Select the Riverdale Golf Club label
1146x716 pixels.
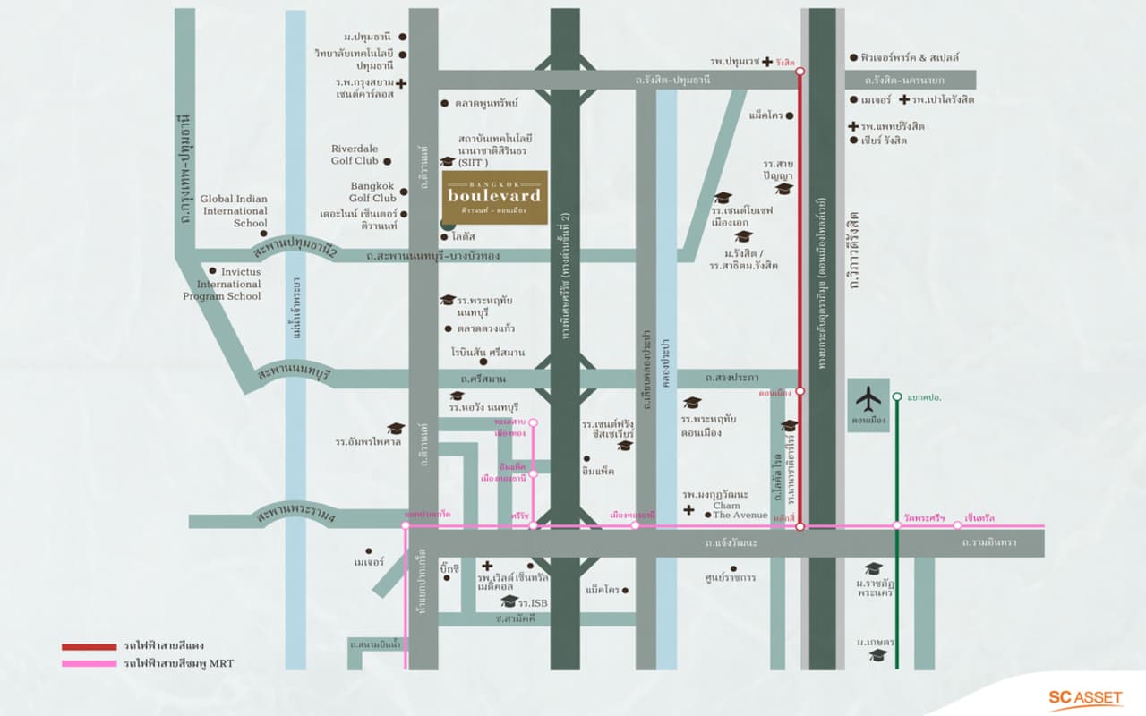[355, 155]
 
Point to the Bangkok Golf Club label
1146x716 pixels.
[372, 192]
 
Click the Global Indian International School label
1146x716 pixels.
[234, 210]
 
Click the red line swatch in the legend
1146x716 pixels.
[89, 646]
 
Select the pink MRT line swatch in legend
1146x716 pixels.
[89, 663]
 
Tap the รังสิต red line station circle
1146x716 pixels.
[800, 71]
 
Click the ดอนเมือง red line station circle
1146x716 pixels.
[800, 391]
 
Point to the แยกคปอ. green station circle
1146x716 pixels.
[897, 396]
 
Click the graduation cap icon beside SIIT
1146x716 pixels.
[448, 161]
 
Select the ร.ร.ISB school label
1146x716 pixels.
[535, 602]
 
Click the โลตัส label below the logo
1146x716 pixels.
[464, 236]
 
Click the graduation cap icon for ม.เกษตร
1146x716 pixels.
[878, 655]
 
